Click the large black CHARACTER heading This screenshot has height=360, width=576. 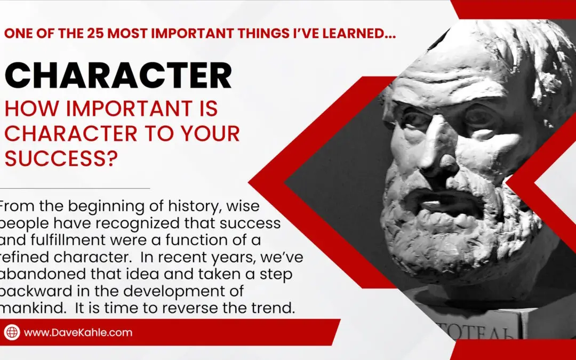118,75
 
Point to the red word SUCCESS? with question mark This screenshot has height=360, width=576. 61,158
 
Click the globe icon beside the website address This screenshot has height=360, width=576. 12,332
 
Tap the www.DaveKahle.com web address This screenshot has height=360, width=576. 78,332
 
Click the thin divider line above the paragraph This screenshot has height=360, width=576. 75,188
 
